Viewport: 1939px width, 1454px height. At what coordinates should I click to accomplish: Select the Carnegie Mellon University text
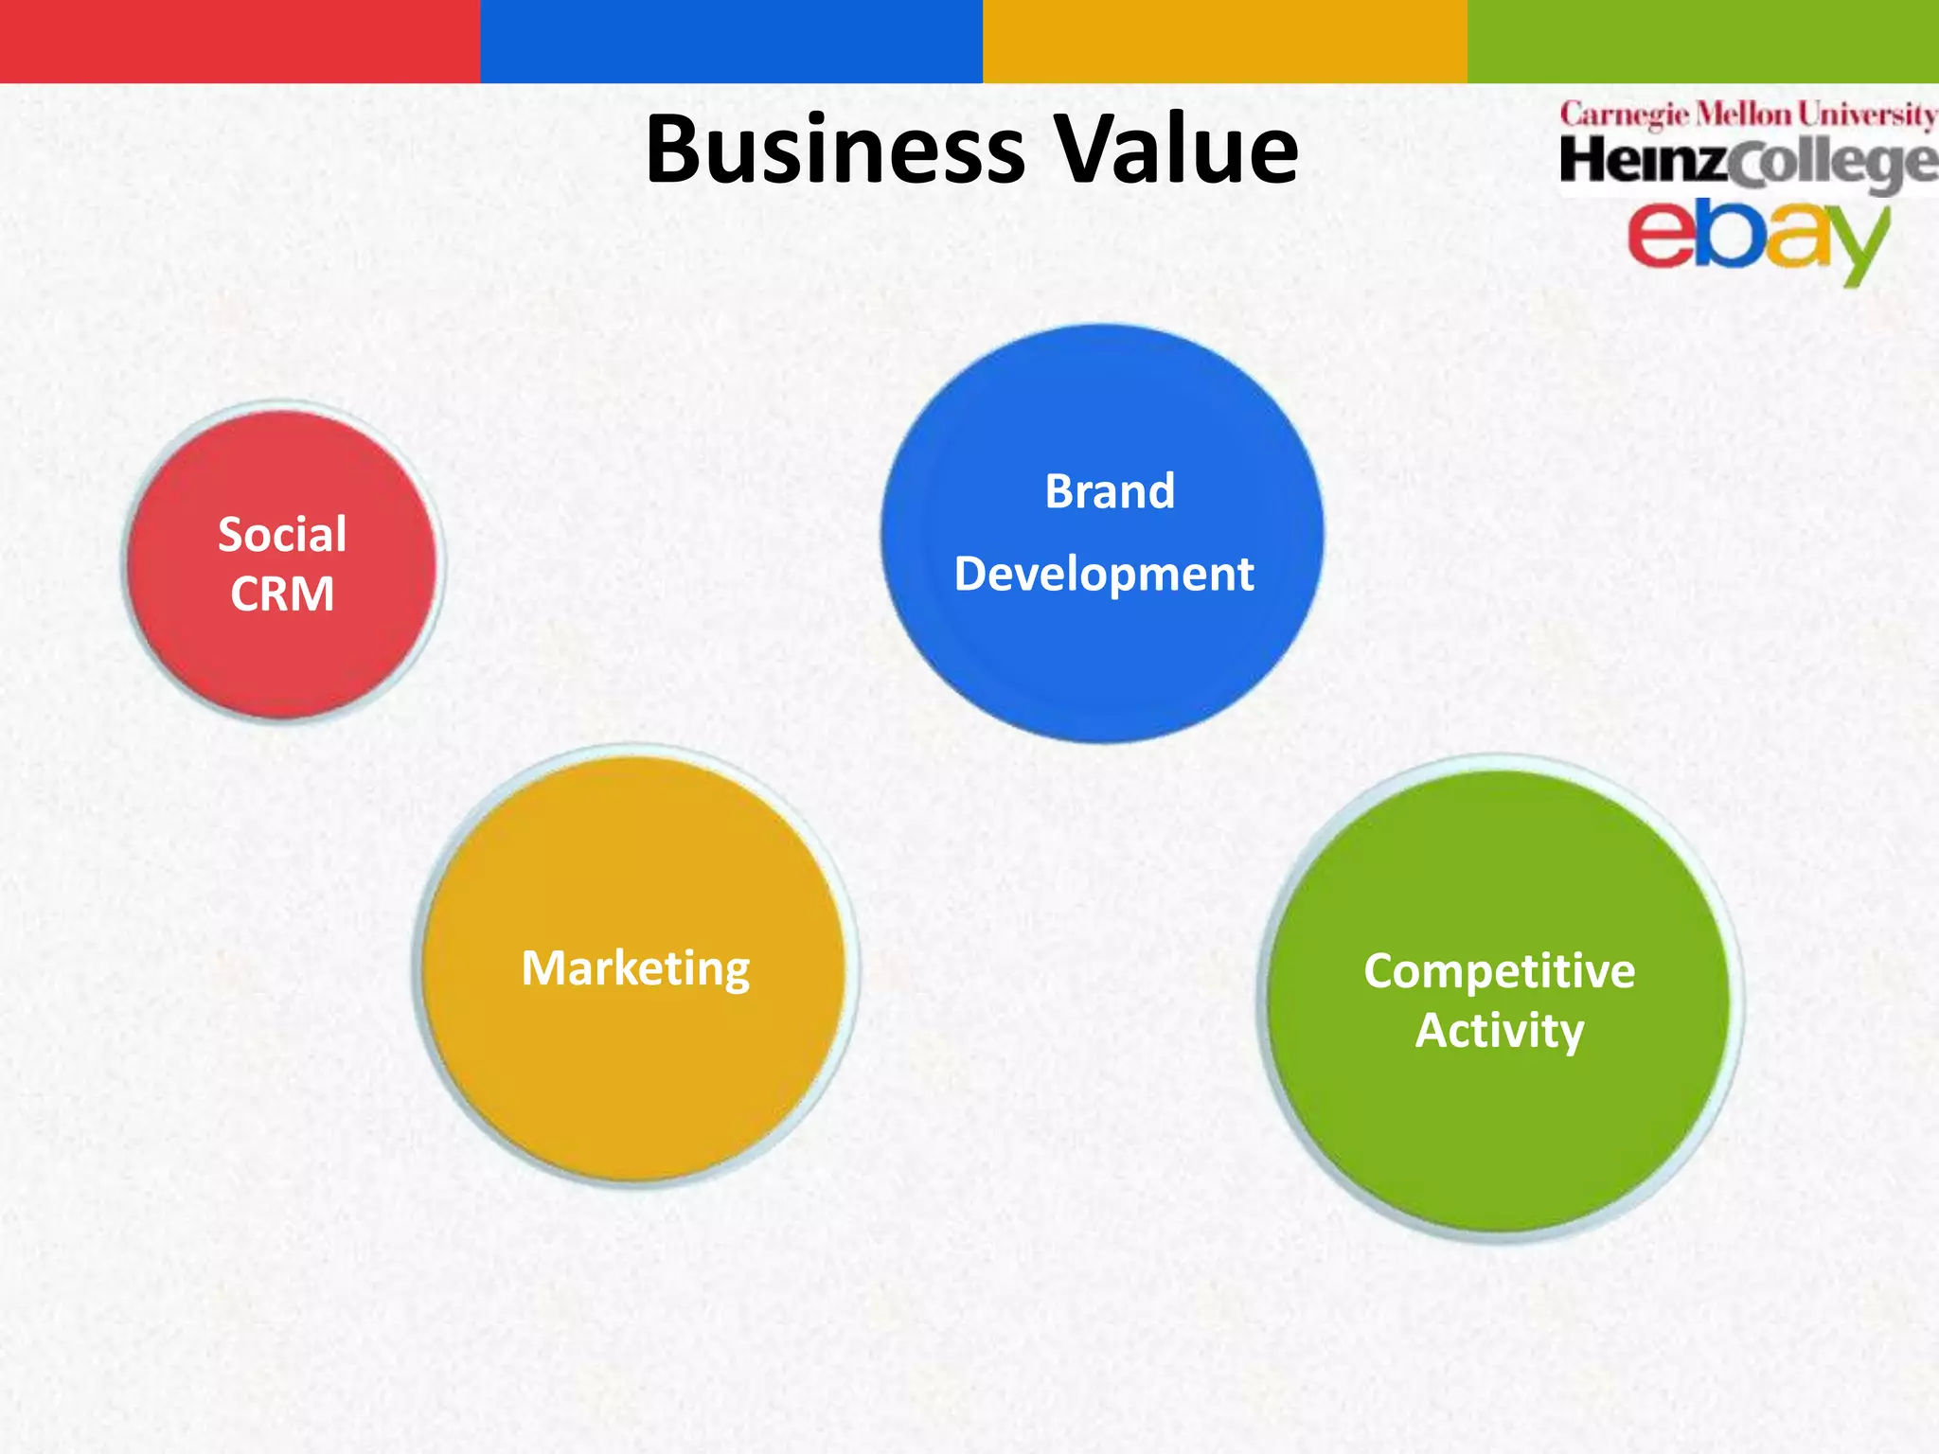(1748, 115)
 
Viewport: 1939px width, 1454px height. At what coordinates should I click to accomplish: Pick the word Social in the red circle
(282, 534)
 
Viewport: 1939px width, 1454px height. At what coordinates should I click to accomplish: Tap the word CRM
(282, 594)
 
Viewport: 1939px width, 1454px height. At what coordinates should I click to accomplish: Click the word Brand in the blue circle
(1110, 491)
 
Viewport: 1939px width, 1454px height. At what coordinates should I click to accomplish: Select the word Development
(1104, 574)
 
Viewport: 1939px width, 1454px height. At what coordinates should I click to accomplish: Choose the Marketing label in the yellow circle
(635, 968)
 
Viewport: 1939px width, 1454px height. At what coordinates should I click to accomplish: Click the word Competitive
(1499, 971)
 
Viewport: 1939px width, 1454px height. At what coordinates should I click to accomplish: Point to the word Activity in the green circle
(1499, 1031)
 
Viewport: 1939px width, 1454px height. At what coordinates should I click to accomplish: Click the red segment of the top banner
(240, 41)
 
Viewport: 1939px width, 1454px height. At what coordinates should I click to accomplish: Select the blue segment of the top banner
(731, 41)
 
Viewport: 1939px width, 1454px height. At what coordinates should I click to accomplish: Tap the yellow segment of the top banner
(1224, 41)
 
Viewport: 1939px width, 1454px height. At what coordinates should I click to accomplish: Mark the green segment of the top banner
(1702, 41)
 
